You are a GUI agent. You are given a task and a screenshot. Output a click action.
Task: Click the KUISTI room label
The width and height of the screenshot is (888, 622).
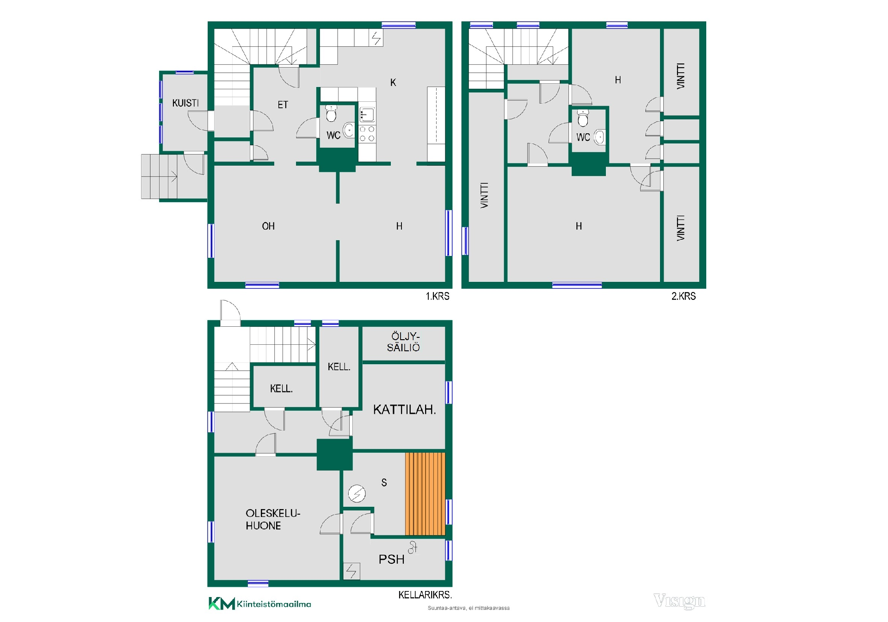click(185, 103)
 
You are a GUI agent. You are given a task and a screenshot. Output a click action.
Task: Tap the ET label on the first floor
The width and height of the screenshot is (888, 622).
click(283, 105)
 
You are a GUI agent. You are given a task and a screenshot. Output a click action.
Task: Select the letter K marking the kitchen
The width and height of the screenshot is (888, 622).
click(393, 82)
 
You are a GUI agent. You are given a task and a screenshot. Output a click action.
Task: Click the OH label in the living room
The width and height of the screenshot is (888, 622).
click(268, 226)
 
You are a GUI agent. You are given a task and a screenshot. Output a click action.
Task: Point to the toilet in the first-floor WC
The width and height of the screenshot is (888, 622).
click(331, 113)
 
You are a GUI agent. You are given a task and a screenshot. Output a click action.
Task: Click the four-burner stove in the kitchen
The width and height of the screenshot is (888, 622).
click(367, 134)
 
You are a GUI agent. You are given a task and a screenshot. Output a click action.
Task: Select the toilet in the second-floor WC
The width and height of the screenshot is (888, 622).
click(583, 118)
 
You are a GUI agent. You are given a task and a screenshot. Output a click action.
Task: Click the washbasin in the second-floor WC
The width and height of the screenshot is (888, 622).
click(599, 137)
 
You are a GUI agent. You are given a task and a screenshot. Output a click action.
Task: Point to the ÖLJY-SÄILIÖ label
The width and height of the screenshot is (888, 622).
click(404, 342)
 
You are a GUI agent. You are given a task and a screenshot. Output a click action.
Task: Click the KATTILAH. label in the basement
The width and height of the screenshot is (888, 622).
click(405, 410)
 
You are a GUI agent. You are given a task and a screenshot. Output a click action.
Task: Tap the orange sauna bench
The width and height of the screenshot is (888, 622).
click(425, 494)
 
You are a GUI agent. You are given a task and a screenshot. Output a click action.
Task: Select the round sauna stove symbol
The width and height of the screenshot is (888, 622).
click(357, 494)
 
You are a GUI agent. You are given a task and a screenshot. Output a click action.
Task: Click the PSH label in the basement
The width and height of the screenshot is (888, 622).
click(392, 560)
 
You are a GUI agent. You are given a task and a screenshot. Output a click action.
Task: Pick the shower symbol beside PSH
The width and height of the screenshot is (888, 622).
click(413, 547)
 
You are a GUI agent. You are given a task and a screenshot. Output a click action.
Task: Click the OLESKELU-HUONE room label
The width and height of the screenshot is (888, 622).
click(273, 519)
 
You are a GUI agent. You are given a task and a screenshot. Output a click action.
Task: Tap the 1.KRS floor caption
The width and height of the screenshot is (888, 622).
click(438, 296)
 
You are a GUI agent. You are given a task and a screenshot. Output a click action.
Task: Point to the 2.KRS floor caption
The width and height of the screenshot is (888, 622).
click(684, 296)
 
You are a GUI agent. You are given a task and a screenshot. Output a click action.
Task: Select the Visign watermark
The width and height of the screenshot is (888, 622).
click(679, 601)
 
